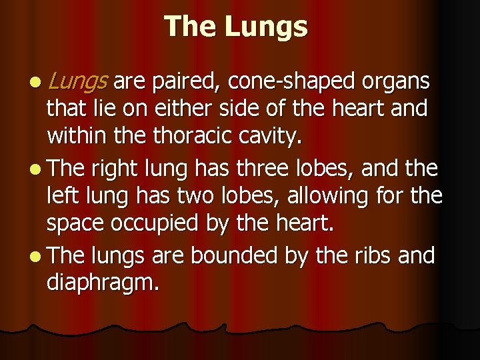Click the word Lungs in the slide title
point(266,27)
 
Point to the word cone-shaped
point(291,83)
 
